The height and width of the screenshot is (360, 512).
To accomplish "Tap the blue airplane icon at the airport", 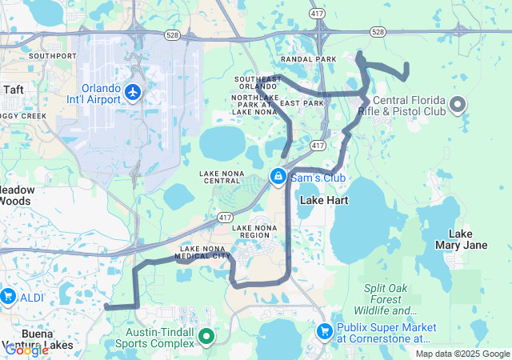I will click(x=134, y=94).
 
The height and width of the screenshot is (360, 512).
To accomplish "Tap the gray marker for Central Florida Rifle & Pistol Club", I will click(x=458, y=104).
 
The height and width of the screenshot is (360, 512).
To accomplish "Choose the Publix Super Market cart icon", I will click(x=325, y=330).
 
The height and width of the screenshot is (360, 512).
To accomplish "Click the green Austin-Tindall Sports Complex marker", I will click(x=206, y=338).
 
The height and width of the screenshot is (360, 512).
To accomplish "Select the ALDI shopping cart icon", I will click(x=8, y=297).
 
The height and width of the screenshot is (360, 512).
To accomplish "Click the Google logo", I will click(x=26, y=350).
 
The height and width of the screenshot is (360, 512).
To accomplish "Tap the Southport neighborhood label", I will click(x=53, y=56).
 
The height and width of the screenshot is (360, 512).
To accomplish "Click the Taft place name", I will click(x=14, y=90).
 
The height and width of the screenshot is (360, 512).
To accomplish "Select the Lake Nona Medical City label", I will click(x=205, y=252).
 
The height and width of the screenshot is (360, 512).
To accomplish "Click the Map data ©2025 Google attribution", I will click(x=462, y=354).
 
